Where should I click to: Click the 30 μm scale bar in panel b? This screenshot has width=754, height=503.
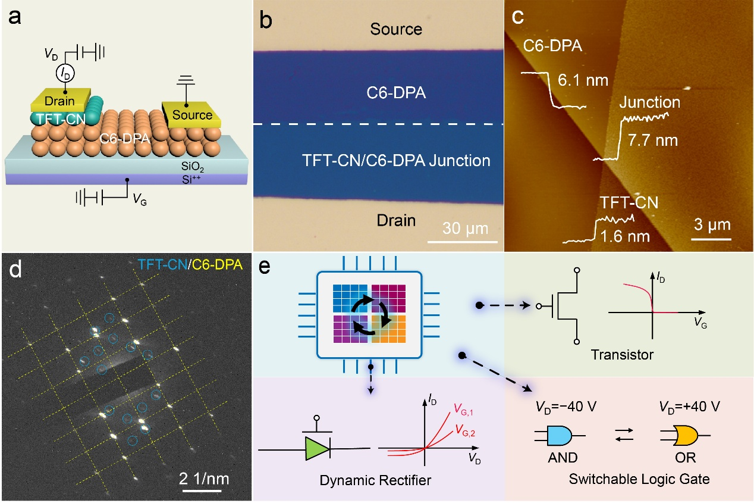click(x=462, y=241)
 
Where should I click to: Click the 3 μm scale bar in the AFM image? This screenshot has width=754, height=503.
click(x=711, y=239)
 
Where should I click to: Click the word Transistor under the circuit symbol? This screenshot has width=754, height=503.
click(x=623, y=355)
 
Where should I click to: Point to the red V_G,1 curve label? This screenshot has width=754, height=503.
click(x=466, y=409)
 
